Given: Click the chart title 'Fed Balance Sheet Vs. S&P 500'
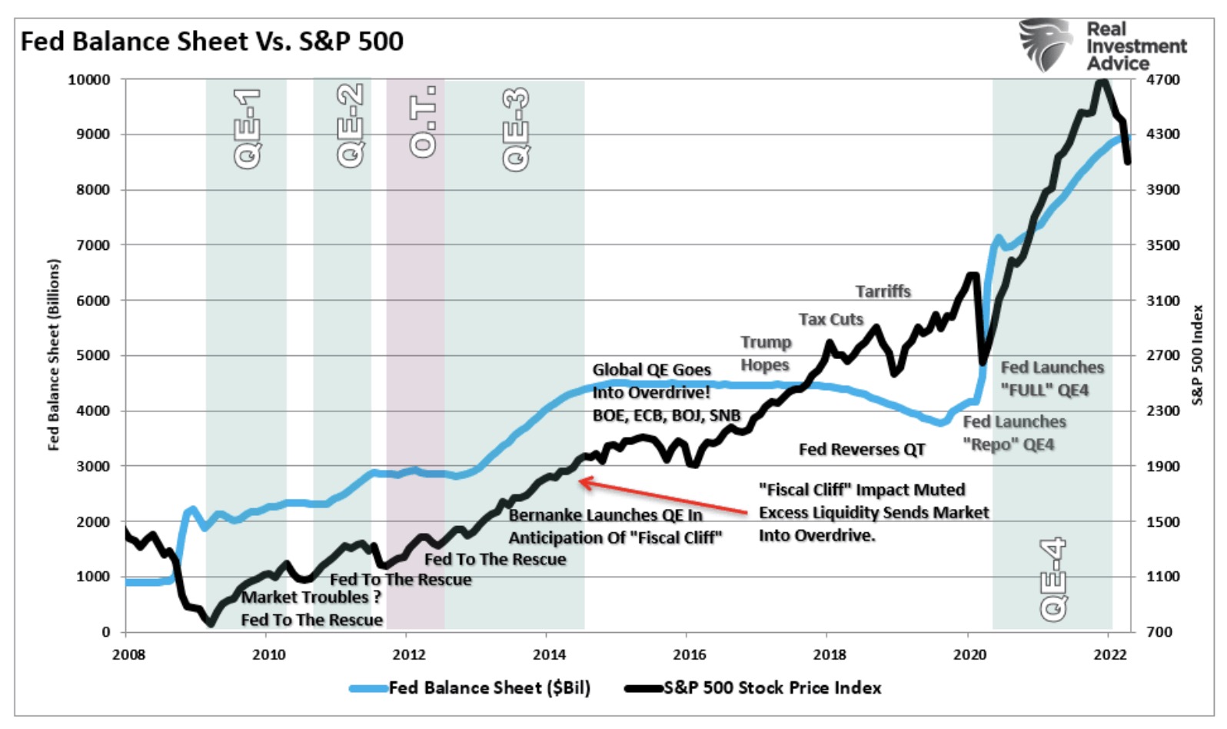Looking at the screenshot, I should (211, 42).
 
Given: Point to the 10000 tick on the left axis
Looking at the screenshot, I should (89, 79).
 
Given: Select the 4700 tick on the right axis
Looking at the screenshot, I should (1162, 79).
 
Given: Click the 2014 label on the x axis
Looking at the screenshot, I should (549, 654).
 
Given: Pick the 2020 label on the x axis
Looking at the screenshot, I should (969, 654).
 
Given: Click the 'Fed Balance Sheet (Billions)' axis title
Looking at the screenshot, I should (53, 355).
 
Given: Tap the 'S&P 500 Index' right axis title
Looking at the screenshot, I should (1198, 355).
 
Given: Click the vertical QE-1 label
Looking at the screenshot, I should (247, 128).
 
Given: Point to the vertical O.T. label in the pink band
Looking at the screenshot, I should (423, 121).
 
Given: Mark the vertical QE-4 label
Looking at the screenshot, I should (1053, 579).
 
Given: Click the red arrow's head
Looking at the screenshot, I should (581, 482).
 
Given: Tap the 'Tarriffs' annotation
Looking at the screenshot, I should (883, 291).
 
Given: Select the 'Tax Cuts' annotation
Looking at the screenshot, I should (830, 319).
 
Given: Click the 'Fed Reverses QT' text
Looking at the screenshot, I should (862, 449).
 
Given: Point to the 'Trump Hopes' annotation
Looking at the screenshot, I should (766, 354).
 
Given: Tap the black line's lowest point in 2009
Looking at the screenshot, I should (210, 624).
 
